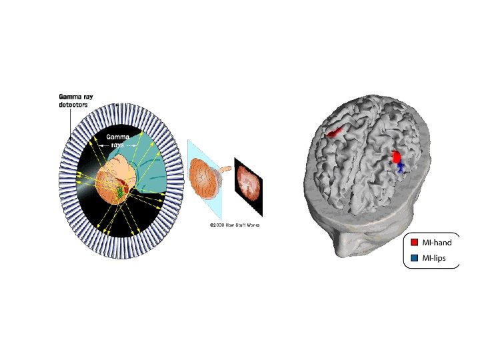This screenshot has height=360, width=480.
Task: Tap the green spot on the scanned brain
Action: point(120,192)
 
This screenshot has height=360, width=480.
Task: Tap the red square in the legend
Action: point(414,243)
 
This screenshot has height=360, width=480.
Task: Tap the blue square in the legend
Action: point(414,257)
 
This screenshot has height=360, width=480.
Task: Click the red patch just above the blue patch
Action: point(397,157)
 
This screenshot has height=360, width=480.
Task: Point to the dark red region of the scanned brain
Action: point(127,183)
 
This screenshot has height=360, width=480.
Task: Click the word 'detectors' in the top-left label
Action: point(73,105)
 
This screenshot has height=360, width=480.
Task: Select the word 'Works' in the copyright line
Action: point(251,225)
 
